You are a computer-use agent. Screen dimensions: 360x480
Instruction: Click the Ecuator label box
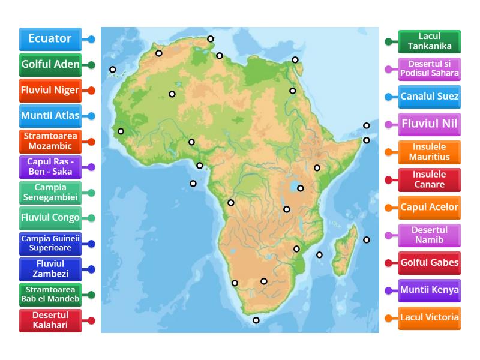pyautogui.click(x=50, y=39)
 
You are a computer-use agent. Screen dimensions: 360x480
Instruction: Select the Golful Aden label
pyautogui.click(x=50, y=65)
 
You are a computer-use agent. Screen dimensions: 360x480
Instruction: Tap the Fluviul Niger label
pyautogui.click(x=50, y=91)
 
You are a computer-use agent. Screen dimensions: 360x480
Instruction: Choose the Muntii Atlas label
pyautogui.click(x=50, y=116)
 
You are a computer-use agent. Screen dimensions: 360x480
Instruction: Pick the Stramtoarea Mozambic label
pyautogui.click(x=50, y=142)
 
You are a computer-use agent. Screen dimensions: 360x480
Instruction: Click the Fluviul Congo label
pyautogui.click(x=50, y=218)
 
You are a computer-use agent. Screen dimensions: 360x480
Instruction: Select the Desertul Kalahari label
pyautogui.click(x=50, y=320)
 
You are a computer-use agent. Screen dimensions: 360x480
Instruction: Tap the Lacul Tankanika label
pyautogui.click(x=430, y=41)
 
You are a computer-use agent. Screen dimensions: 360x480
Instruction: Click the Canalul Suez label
pyautogui.click(x=430, y=97)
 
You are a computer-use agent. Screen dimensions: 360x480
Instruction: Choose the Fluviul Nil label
pyautogui.click(x=430, y=125)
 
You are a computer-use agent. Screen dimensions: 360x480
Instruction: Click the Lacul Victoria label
pyautogui.click(x=430, y=318)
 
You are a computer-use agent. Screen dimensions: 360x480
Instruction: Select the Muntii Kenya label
pyautogui.click(x=430, y=290)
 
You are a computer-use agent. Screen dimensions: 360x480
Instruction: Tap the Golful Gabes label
pyautogui.click(x=430, y=263)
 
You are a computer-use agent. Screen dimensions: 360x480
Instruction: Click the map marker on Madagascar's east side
pyautogui.click(x=366, y=239)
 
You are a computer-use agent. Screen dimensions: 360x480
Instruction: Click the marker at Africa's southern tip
pyautogui.click(x=256, y=320)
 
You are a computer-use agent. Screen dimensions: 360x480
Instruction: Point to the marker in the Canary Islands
pyautogui.click(x=113, y=70)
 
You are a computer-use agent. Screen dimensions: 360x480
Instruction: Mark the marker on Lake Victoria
pyautogui.click(x=301, y=188)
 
